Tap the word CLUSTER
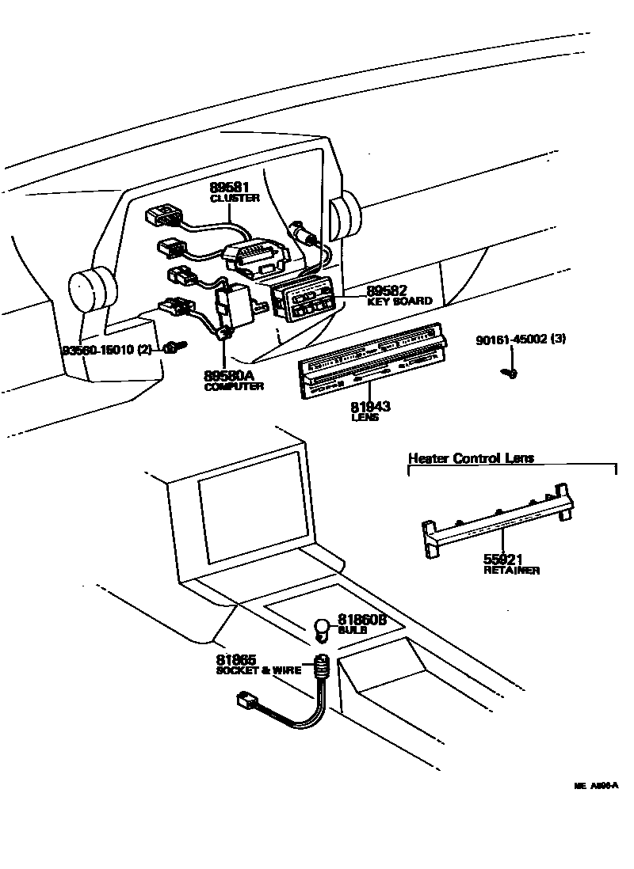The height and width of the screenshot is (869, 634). click(234, 198)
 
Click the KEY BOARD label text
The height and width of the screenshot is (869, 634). click(399, 302)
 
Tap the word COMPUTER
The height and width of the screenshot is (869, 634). click(234, 386)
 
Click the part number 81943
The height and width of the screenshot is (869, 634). click(370, 407)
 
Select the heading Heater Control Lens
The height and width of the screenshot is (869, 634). click(471, 457)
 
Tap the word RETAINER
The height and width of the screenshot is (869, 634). click(511, 570)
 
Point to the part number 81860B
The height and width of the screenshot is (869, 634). click(362, 620)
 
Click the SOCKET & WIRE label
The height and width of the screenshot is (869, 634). click(259, 670)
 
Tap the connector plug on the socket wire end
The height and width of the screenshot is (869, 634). click(247, 700)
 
